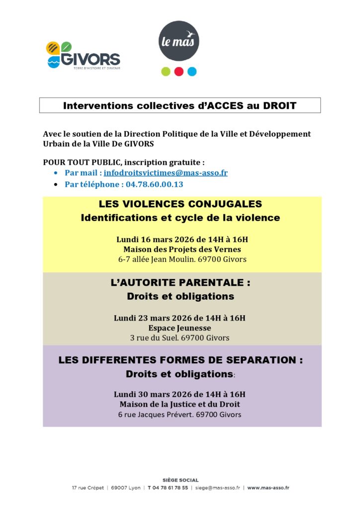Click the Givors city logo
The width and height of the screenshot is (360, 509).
tap(83, 55)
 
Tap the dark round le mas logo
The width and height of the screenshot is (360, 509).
tap(179, 41)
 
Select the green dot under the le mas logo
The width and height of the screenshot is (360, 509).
tap(166, 72)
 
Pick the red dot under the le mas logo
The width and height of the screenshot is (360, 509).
tap(179, 72)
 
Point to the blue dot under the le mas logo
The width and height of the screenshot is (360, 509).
tap(192, 72)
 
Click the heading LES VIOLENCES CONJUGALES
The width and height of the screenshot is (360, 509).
tap(180, 204)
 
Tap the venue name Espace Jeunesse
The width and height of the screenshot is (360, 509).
tap(180, 328)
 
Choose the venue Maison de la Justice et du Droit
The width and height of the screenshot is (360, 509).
tap(180, 404)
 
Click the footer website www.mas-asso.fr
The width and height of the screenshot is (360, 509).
tap(269, 488)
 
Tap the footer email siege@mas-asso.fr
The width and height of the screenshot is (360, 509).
tap(217, 488)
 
